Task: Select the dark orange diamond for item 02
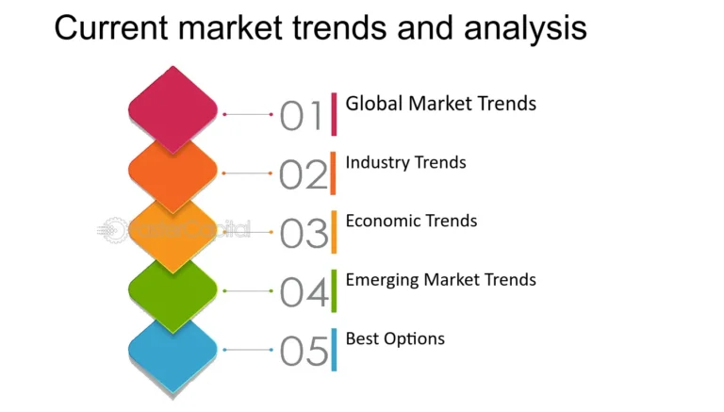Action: (173, 169)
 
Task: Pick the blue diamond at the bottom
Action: (173, 351)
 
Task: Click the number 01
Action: (302, 116)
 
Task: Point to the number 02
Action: (303, 174)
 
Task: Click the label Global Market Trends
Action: (440, 104)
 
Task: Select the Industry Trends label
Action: (405, 162)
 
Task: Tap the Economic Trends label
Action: (411, 222)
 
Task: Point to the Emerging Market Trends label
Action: (440, 280)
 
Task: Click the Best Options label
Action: (395, 338)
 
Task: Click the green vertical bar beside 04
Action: (334, 290)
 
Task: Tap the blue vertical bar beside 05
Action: (334, 349)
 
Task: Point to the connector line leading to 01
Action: (248, 114)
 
